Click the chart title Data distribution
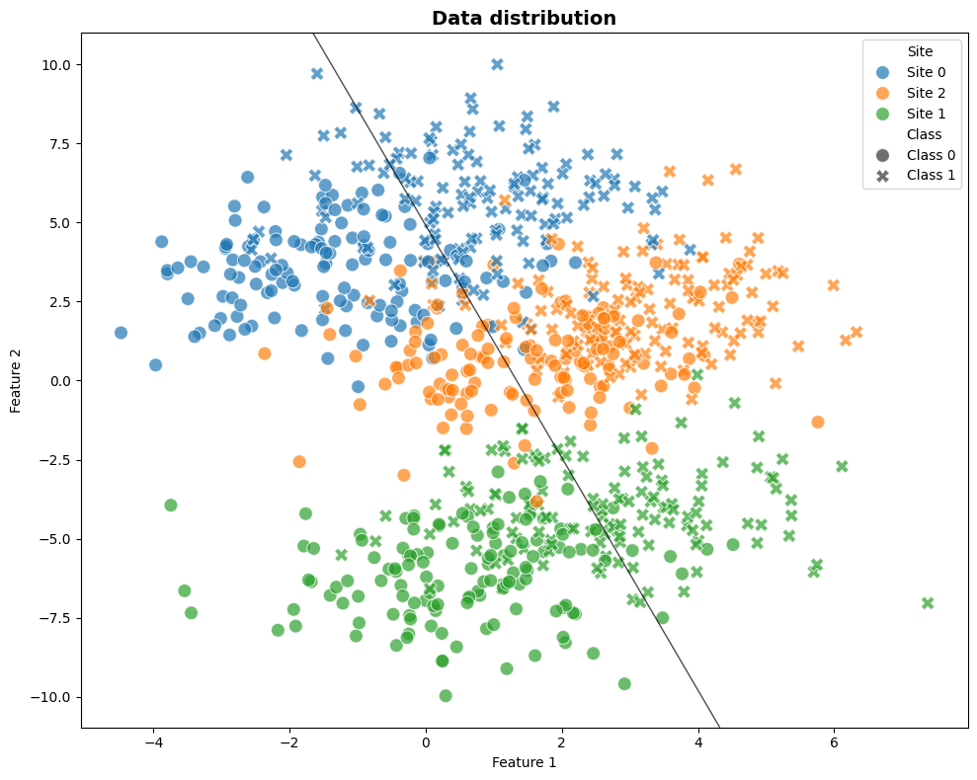pos(524,18)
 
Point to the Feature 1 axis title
pos(524,762)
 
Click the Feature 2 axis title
pos(16,380)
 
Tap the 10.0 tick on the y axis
pos(57,64)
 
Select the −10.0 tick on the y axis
pos(53,697)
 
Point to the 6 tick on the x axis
pos(834,740)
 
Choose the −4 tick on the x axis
pos(153,740)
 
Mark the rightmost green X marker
pos(928,603)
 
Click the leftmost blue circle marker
pos(121,333)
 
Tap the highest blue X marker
pos(498,64)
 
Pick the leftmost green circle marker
pos(170,505)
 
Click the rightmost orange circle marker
pos(818,422)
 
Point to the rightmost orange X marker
pos(856,333)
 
